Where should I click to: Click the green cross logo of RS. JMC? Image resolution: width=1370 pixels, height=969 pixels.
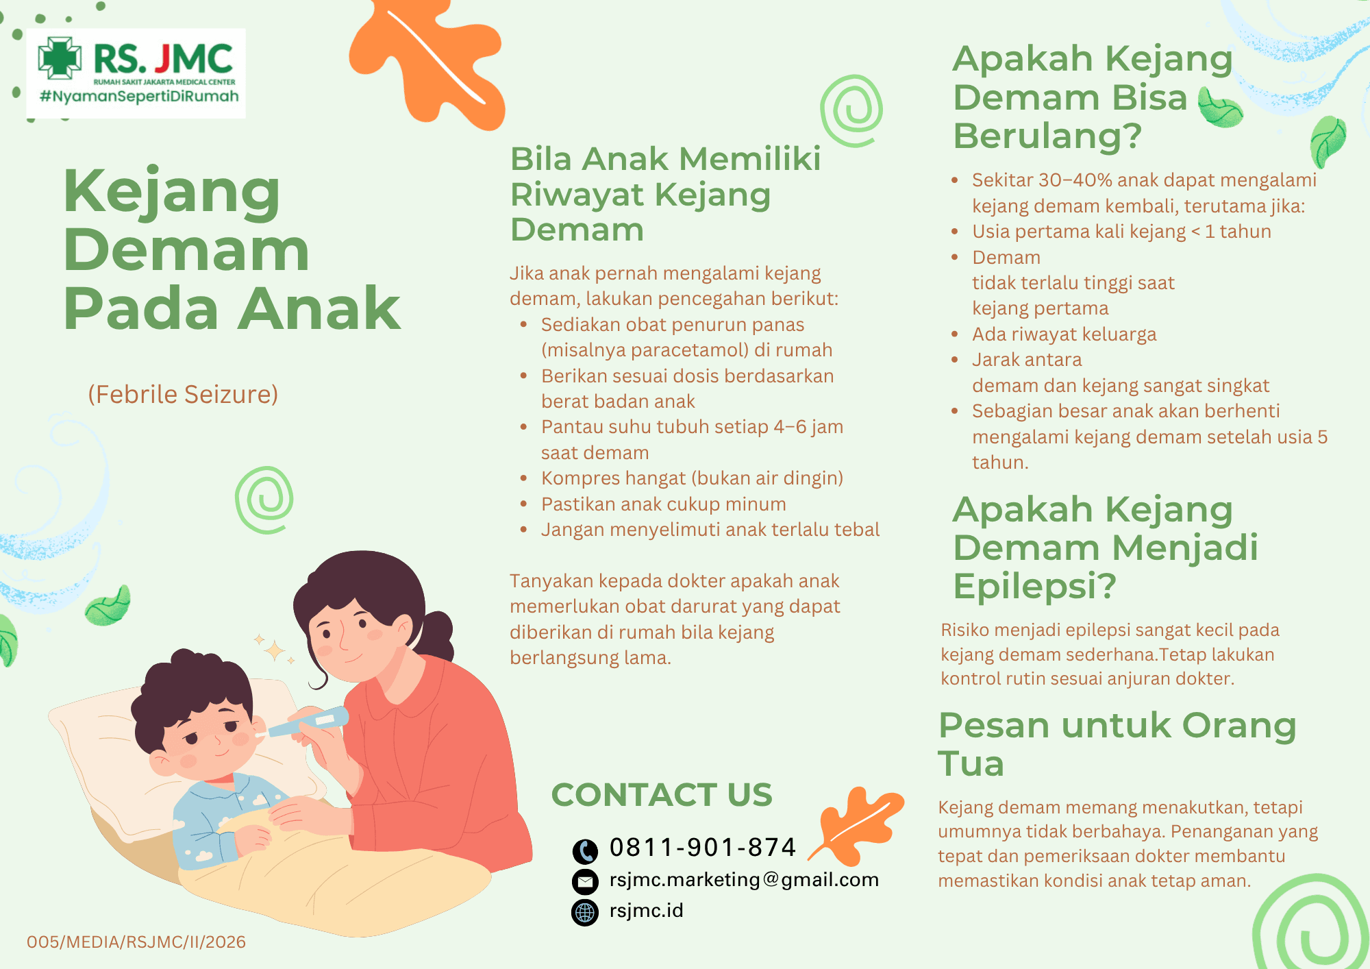[60, 58]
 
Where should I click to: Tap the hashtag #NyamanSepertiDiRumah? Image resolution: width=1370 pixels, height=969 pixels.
[139, 96]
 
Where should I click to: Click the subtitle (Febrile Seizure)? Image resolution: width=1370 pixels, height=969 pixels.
[183, 395]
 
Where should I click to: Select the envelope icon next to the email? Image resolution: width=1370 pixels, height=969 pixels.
[585, 881]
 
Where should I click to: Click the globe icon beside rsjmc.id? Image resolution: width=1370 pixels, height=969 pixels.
[585, 912]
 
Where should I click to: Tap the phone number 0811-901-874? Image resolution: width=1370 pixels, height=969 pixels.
[703, 848]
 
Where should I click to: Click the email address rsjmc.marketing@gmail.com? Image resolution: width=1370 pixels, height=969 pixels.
[744, 880]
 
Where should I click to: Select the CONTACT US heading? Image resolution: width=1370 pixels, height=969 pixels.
[662, 795]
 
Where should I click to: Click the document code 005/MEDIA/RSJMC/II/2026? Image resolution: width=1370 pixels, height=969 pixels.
[136, 942]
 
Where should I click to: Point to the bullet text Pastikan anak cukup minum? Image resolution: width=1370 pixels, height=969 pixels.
[664, 504]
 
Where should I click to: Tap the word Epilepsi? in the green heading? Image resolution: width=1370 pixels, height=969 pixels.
[1035, 587]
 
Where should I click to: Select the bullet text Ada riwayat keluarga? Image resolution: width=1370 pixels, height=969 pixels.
[1064, 334]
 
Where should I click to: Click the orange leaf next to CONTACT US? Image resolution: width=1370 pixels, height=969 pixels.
[859, 826]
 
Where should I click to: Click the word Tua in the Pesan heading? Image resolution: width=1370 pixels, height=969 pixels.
[971, 764]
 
